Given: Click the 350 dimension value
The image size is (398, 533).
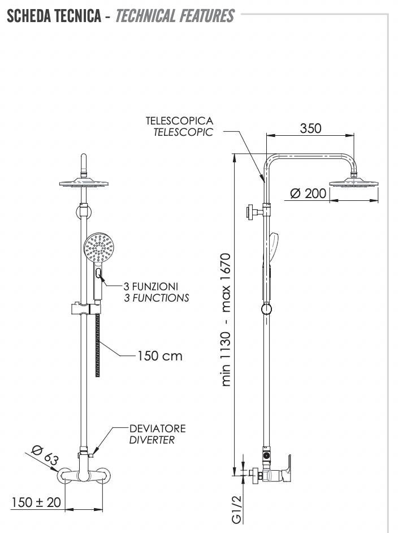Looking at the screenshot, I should coord(310,128).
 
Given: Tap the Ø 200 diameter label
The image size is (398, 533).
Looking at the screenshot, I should coord(308,194).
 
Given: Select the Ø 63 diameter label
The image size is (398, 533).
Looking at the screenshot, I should coord(45,455).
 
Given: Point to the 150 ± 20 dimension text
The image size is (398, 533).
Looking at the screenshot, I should coord(35,502).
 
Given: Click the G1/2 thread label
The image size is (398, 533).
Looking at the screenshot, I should coord(238,509).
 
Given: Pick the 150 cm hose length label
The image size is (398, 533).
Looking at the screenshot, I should coord(160,356).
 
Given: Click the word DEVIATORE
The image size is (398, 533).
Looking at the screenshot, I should coord(157,428).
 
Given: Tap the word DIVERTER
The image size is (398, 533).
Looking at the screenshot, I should coord(152,440).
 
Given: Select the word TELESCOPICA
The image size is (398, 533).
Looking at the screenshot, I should coord(179,121).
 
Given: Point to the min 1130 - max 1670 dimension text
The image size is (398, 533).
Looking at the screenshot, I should coord(226,320).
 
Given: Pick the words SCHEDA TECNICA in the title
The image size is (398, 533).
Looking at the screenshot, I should coord(53,15).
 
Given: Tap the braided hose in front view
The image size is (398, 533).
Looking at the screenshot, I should coord(98,345).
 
